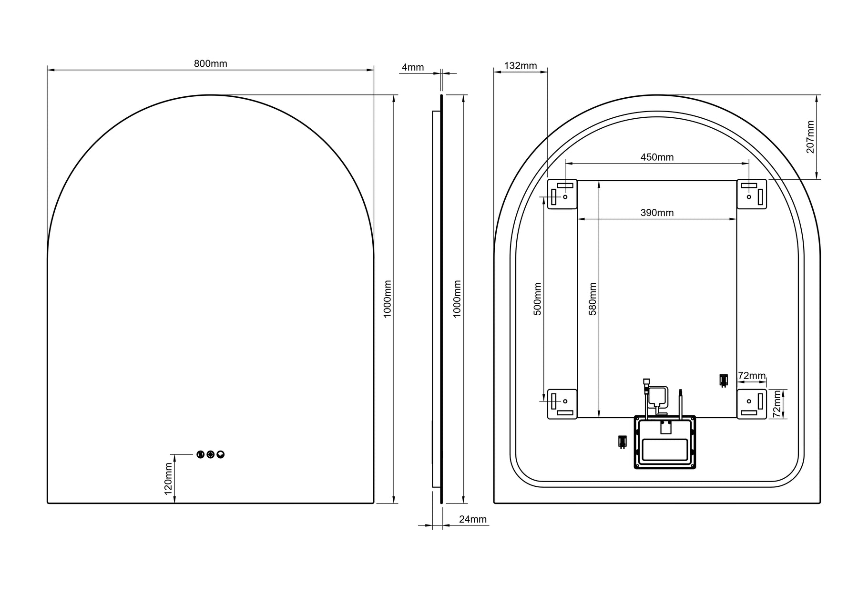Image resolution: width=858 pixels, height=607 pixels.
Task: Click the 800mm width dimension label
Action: click(x=210, y=63)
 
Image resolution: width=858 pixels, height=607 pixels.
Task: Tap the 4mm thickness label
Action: click(x=413, y=67)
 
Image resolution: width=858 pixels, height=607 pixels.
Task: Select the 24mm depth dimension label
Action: click(x=473, y=519)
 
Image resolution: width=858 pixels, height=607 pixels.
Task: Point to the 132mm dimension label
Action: click(x=521, y=66)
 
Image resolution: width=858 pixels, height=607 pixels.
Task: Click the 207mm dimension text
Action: click(x=810, y=137)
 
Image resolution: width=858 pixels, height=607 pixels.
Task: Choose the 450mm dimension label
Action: click(x=657, y=157)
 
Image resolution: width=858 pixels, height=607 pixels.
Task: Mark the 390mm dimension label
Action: click(x=657, y=213)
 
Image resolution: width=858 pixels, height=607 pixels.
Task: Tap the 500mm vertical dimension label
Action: click(x=538, y=299)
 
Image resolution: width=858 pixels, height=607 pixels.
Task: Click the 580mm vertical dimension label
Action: click(x=593, y=299)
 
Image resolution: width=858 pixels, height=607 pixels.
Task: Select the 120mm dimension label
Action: click(x=168, y=479)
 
